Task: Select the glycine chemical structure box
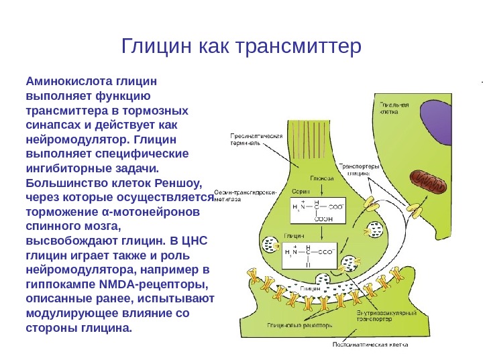click(x=311, y=255)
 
